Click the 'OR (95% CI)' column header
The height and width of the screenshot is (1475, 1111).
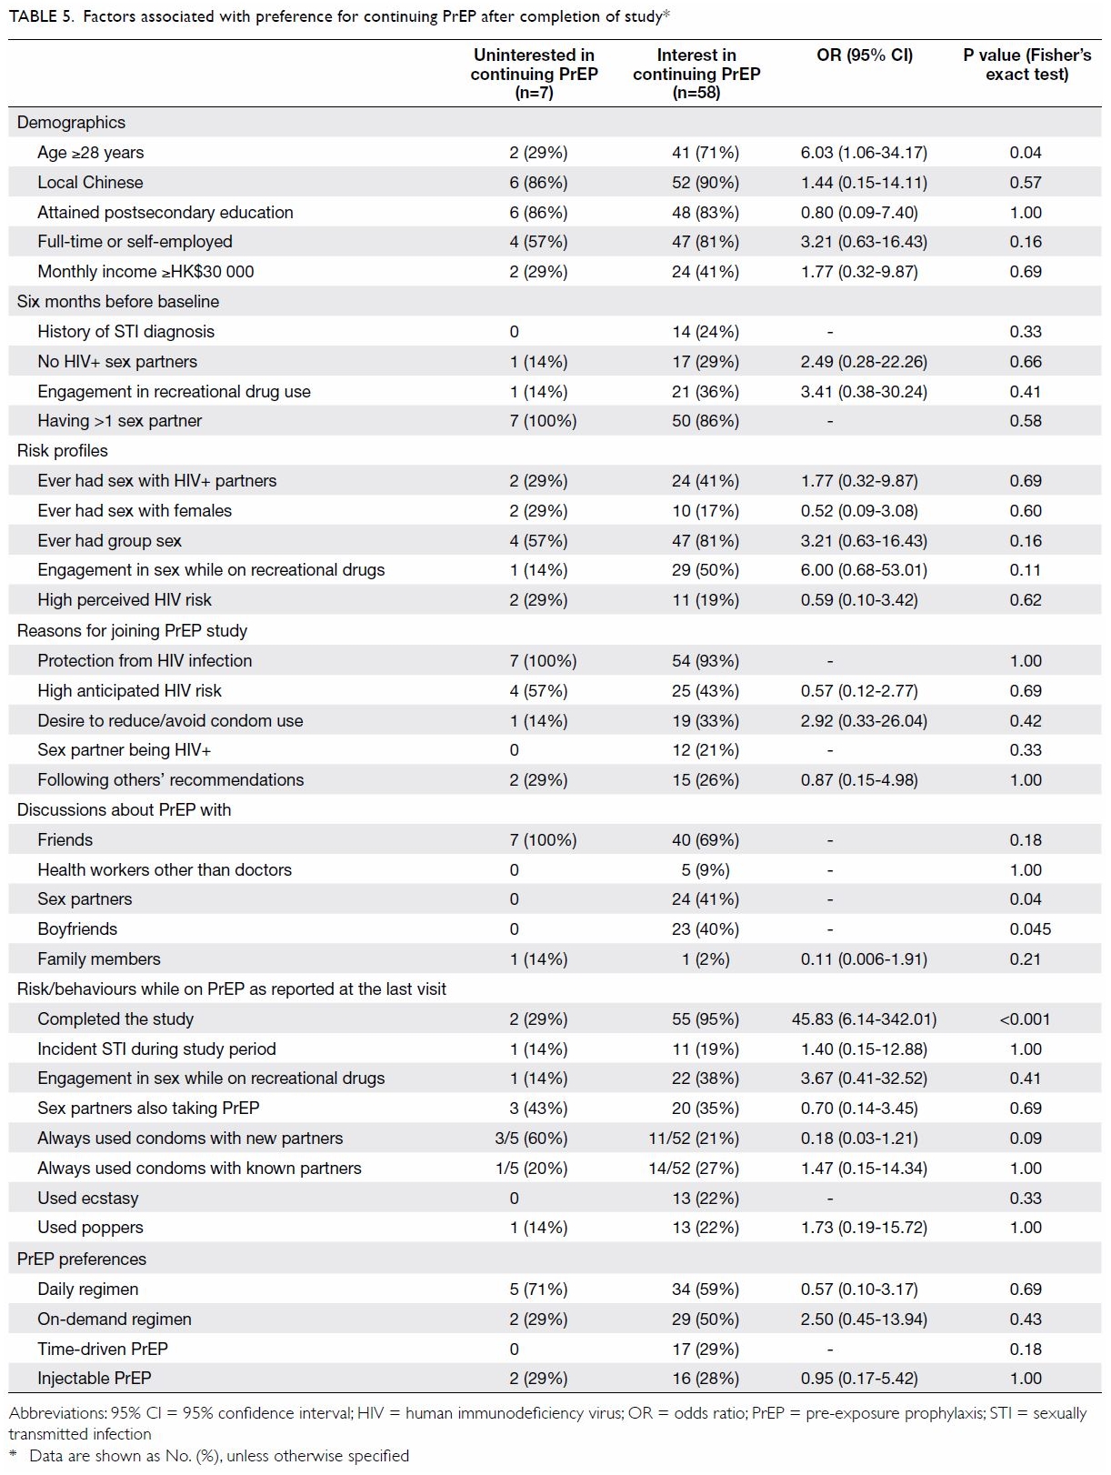pyautogui.click(x=864, y=55)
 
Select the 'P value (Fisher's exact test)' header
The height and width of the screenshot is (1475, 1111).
pyautogui.click(x=1026, y=65)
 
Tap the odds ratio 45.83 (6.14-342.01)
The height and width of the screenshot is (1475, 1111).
pyautogui.click(x=864, y=1018)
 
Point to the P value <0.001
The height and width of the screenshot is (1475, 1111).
pyautogui.click(x=1025, y=1018)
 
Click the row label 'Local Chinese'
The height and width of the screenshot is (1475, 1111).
pyautogui.click(x=90, y=182)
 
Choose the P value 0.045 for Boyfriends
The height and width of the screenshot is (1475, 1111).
pyautogui.click(x=1030, y=928)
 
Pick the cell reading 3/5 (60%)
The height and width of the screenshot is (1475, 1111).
pyautogui.click(x=531, y=1138)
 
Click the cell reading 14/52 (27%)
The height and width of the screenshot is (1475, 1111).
pyautogui.click(x=694, y=1168)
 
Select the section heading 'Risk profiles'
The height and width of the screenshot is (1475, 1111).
pyautogui.click(x=63, y=450)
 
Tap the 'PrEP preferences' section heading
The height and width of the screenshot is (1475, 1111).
pyautogui.click(x=81, y=1258)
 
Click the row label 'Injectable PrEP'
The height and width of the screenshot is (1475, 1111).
pyautogui.click(x=94, y=1378)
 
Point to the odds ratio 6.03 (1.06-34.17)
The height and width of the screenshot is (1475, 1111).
pyautogui.click(x=864, y=153)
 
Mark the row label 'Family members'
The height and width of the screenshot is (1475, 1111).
pyautogui.click(x=99, y=958)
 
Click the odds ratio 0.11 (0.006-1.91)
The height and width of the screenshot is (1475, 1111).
pyautogui.click(x=864, y=958)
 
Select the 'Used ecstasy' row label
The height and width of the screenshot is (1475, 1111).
pyautogui.click(x=88, y=1198)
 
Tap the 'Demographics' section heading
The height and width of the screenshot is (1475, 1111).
pyautogui.click(x=71, y=122)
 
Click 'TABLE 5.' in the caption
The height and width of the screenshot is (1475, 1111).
pyautogui.click(x=41, y=16)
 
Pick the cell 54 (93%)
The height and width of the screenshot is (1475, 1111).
pyautogui.click(x=706, y=660)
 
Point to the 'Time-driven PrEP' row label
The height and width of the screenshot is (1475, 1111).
pyautogui.click(x=103, y=1348)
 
